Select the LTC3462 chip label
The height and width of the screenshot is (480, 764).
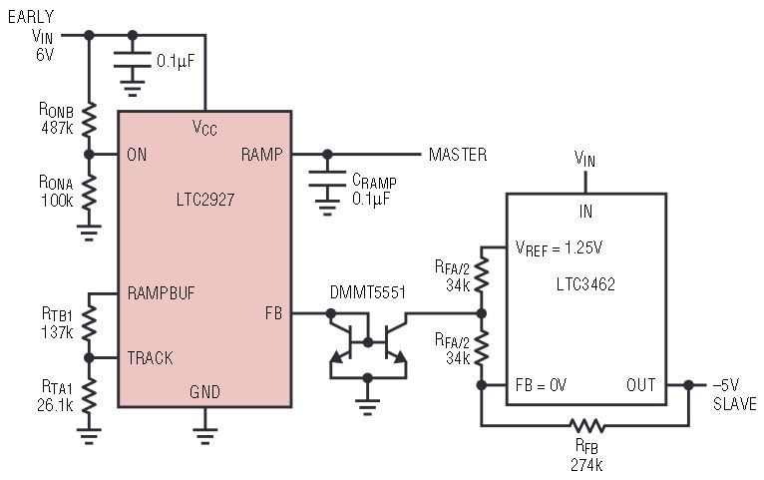pos(585,283)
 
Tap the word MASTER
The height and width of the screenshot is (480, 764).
pos(458,155)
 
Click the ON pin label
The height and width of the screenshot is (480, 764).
pos(139,155)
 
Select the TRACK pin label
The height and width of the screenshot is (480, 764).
pos(151,356)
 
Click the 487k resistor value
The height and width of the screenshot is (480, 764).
pos(56,129)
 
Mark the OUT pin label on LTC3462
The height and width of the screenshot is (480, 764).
pos(641,384)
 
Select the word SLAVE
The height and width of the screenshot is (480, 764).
pos(734,403)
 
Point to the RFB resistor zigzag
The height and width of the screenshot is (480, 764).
pos(587,424)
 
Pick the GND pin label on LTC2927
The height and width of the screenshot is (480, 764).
pos(204,392)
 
